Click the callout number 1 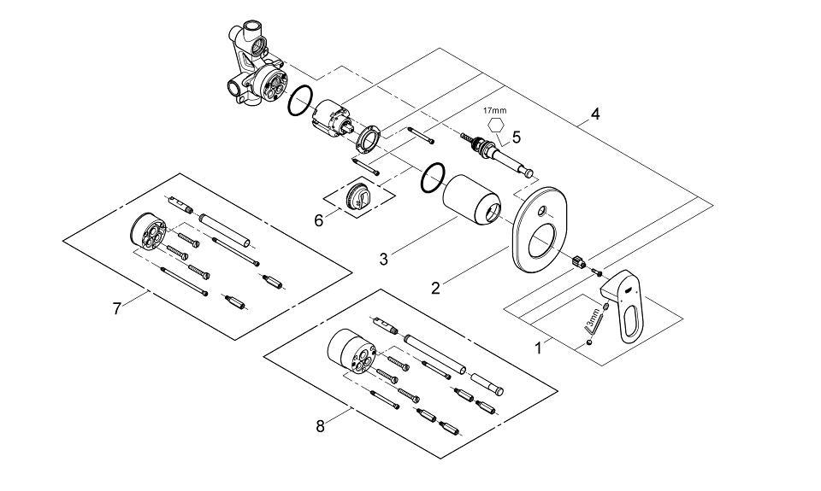coord(538,348)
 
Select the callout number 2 coord(435,288)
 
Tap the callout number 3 coord(384,259)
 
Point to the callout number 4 coord(595,114)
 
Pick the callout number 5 coord(517,137)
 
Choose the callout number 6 coord(319,220)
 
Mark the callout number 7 coord(116,308)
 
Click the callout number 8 coord(320,427)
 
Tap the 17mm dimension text coord(495,110)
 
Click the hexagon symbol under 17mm coord(495,126)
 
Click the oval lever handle coord(625,303)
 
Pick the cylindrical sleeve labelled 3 coord(471,200)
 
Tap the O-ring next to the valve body coord(300,101)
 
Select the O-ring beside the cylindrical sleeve coord(433,178)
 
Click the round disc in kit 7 coord(147,231)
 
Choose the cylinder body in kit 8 coord(351,352)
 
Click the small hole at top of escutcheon coord(542,211)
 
